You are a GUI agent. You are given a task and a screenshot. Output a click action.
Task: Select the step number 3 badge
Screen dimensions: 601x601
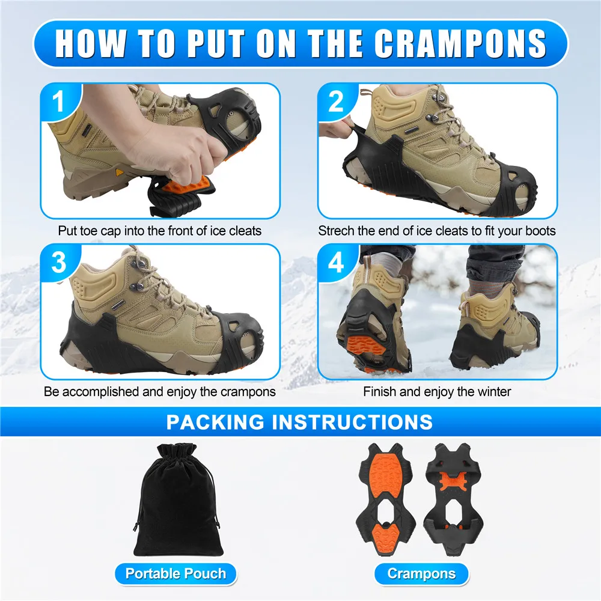[58, 263]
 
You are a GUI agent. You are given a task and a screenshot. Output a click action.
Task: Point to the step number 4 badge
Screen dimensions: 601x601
[336, 263]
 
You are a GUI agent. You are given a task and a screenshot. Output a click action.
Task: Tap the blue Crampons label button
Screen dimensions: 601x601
[421, 573]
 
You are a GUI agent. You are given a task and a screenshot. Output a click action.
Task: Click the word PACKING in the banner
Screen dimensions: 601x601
[214, 421]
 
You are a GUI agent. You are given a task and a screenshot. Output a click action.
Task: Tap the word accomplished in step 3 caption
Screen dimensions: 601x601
[100, 392]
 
